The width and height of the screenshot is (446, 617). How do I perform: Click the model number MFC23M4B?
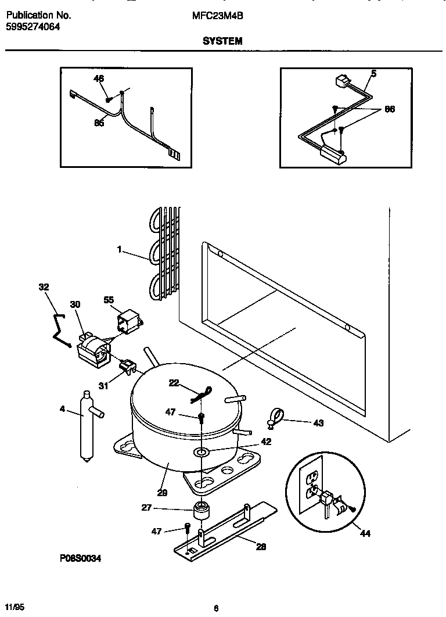point(217,16)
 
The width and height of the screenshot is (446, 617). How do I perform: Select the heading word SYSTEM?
point(222,41)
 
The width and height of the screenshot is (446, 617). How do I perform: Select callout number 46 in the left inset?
point(99,79)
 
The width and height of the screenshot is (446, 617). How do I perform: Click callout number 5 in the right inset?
point(373,73)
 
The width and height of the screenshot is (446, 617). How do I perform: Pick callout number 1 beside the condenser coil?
point(119,250)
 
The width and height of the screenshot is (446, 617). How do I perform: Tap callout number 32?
point(44,287)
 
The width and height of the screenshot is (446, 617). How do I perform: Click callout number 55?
point(109,300)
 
